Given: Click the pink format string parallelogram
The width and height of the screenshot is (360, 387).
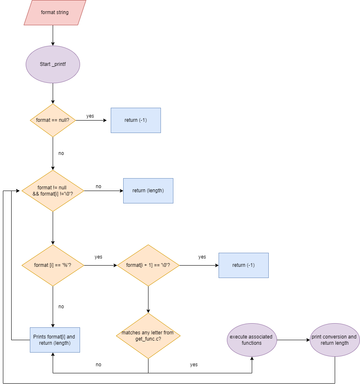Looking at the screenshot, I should point(55,12).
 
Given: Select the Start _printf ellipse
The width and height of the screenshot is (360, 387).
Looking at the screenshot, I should point(53,64).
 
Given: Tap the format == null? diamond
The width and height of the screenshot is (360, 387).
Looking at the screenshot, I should point(53,120).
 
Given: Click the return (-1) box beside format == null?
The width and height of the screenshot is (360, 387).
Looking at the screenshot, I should point(136,120).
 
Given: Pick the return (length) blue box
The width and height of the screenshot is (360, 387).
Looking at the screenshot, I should point(148,191).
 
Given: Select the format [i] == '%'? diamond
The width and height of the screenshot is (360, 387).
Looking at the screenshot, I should point(53,265).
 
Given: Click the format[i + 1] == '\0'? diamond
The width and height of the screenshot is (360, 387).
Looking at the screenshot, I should point(148,265).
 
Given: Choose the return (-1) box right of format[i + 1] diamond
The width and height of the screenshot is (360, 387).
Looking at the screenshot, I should point(243,265).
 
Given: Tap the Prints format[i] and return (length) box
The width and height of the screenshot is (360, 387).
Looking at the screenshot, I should point(55,340).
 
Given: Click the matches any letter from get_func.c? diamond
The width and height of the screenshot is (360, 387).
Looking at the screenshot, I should point(148,336).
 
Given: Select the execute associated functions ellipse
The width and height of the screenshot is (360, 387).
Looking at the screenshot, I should point(252,340).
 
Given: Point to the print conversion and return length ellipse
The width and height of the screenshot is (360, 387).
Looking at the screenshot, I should point(334,340).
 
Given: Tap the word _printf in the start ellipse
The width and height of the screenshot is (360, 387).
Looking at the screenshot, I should point(59,65).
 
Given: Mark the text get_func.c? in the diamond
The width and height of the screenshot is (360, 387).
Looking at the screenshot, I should point(148,339).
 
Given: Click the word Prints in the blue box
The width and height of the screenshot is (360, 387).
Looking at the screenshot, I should point(40,337).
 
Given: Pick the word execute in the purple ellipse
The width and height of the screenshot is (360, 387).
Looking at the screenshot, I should point(238,337).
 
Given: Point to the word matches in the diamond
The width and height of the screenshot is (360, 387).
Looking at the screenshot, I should point(130,333).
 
